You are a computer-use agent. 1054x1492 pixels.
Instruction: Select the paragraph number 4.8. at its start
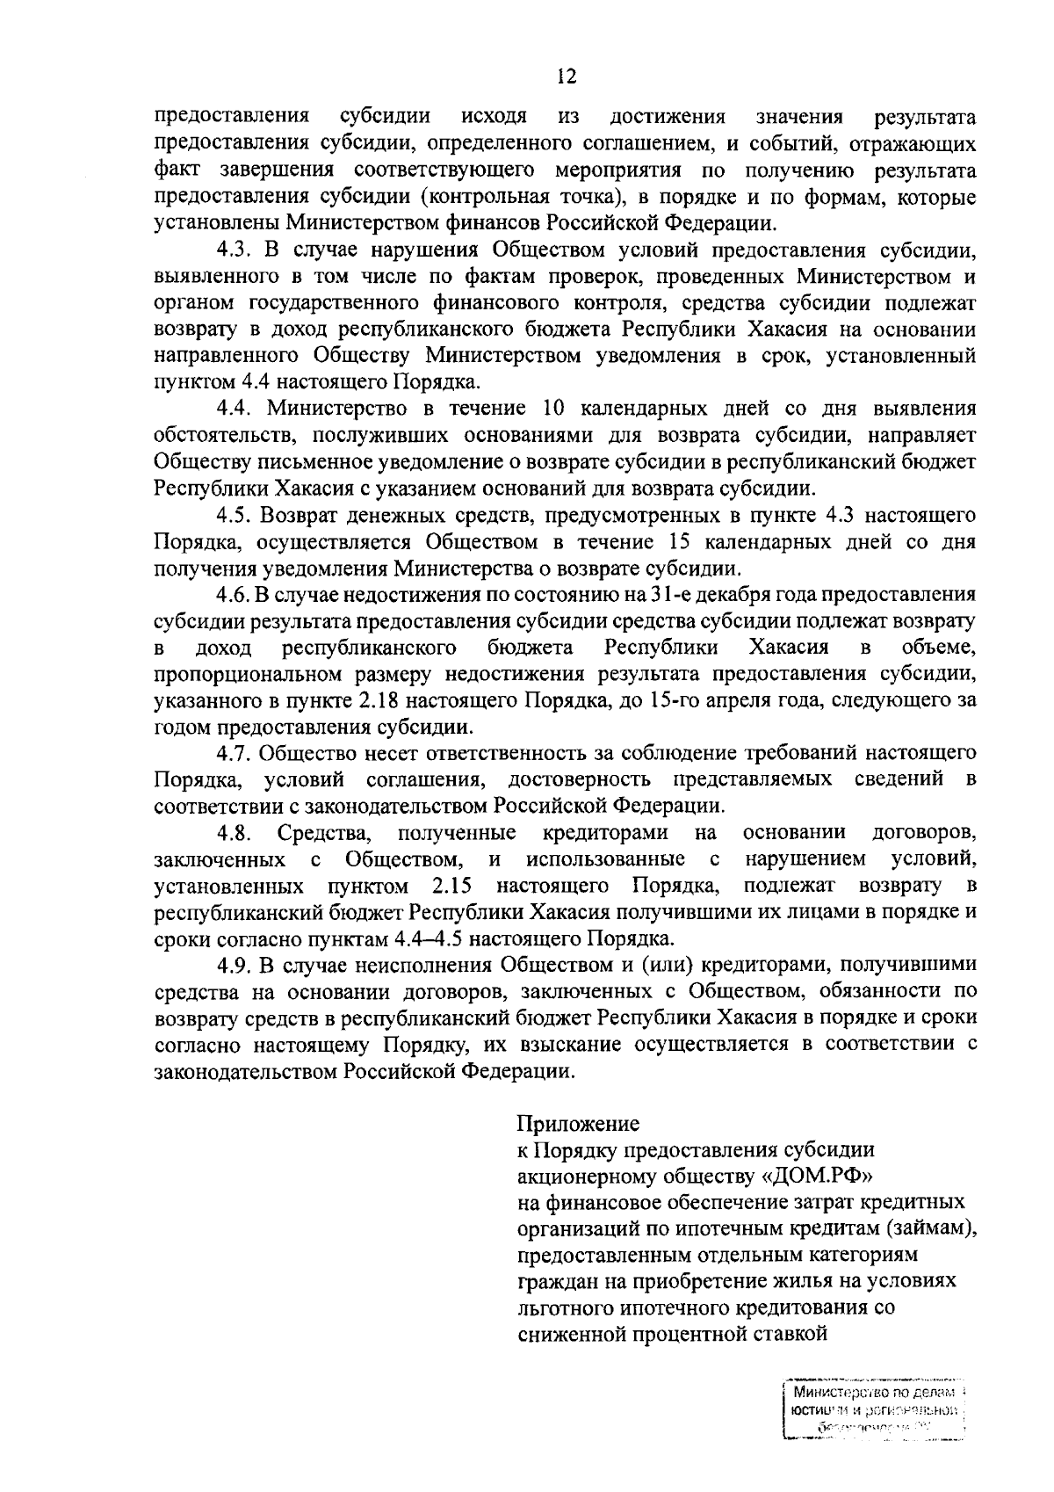pos(235,832)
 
